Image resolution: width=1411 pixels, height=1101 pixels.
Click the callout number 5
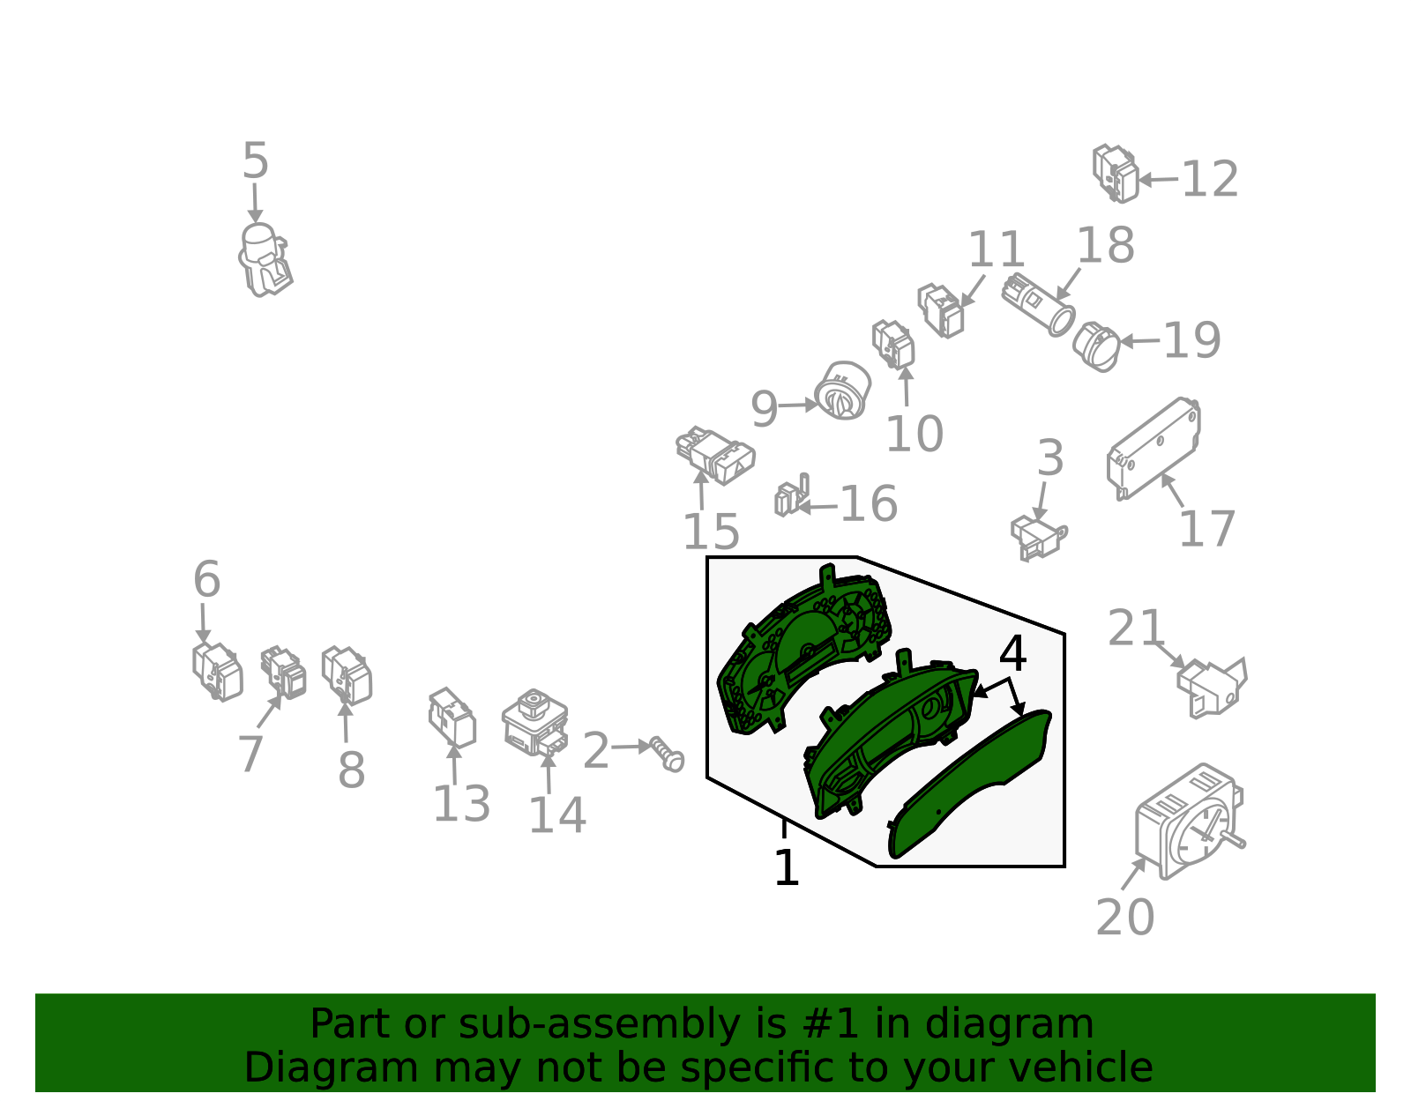click(255, 160)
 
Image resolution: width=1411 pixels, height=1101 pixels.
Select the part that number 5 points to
click(265, 259)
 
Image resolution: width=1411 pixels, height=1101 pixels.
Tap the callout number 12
click(1210, 178)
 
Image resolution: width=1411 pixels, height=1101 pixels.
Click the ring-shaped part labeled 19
click(1097, 347)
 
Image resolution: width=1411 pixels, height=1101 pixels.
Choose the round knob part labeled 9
click(843, 391)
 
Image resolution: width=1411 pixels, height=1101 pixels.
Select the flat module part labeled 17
click(1153, 449)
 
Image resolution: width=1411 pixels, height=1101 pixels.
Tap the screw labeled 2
click(667, 755)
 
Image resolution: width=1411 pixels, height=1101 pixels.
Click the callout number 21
click(1135, 628)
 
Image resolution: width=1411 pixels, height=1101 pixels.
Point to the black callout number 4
click(1012, 653)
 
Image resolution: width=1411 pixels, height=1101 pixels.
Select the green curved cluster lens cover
click(970, 784)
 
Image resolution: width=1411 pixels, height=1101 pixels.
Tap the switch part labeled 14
click(535, 723)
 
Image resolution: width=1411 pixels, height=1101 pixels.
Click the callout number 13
click(461, 805)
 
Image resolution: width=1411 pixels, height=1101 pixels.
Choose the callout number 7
click(250, 754)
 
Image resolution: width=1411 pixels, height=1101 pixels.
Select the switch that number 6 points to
click(218, 673)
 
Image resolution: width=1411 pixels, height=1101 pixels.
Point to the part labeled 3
click(1038, 538)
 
